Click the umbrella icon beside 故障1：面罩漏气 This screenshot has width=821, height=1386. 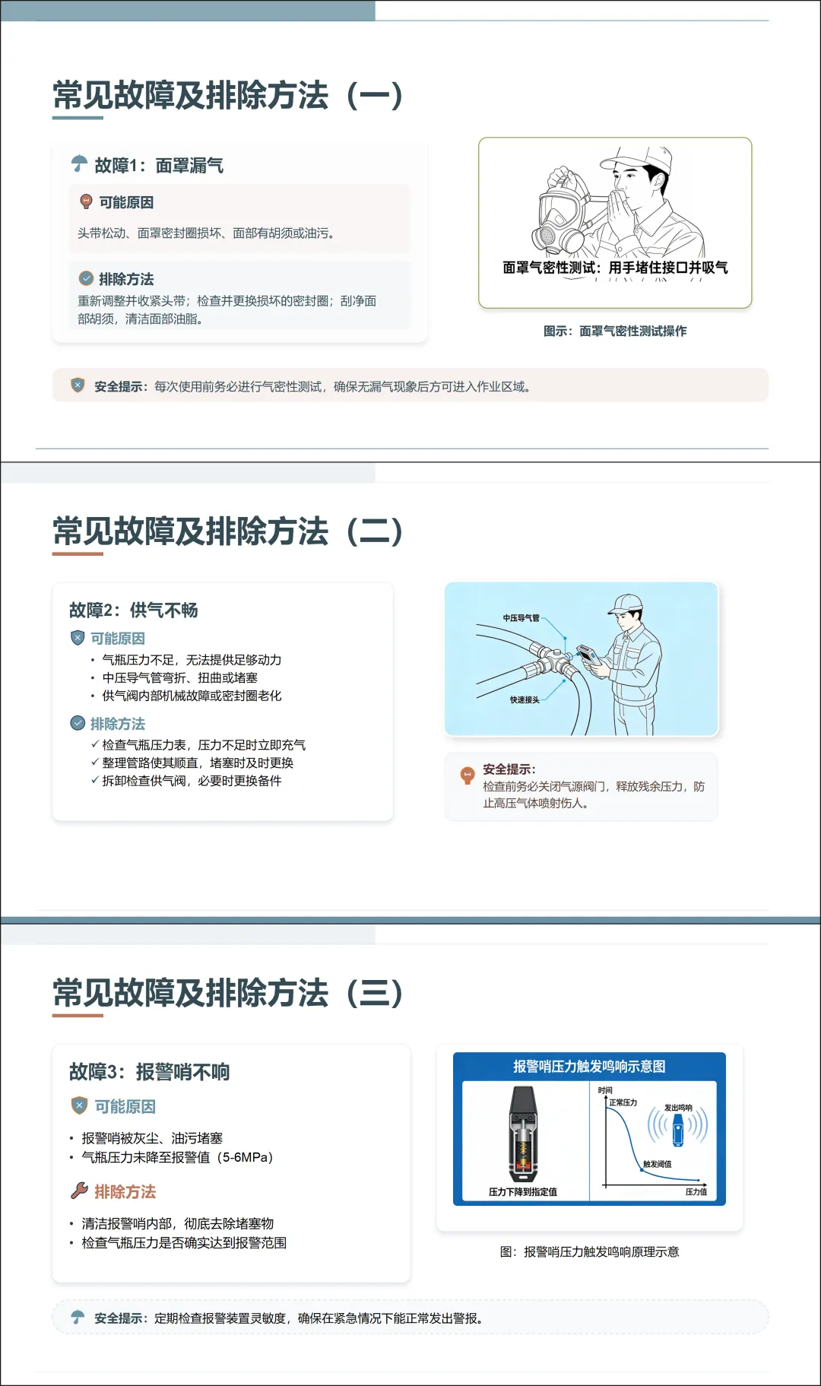(x=79, y=163)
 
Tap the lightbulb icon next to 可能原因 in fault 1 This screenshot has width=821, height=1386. (x=86, y=201)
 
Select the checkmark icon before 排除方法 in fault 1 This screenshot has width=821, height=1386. (x=86, y=278)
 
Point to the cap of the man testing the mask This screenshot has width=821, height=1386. (x=637, y=157)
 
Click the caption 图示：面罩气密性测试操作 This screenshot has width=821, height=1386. (x=615, y=331)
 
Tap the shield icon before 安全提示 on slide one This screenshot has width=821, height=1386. (x=78, y=385)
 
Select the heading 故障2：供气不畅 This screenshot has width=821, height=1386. (x=134, y=610)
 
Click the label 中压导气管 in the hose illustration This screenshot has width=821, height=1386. (x=521, y=618)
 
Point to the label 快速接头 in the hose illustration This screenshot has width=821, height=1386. (x=525, y=699)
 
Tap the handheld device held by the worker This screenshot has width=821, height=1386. (x=588, y=655)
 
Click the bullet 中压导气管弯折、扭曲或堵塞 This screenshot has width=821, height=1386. (x=180, y=677)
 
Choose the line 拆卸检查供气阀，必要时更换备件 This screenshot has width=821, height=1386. (x=192, y=781)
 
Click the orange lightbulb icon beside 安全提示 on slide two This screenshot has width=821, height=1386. (x=468, y=775)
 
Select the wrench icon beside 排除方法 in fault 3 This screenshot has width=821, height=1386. (x=79, y=1191)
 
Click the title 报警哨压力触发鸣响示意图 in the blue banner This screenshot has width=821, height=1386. (x=589, y=1066)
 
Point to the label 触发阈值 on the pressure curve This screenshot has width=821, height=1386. (x=658, y=1164)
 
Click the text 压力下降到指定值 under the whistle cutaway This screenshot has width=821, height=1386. (x=523, y=1191)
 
